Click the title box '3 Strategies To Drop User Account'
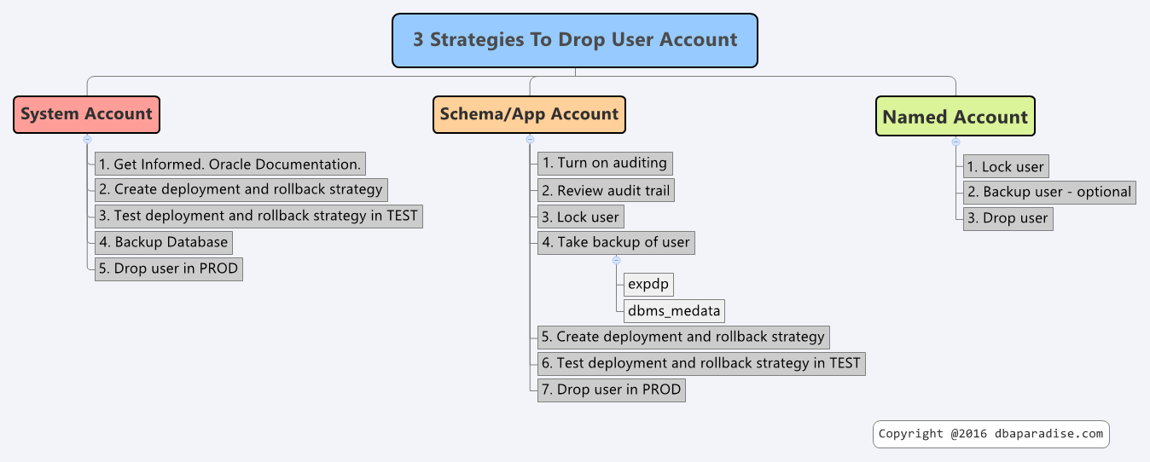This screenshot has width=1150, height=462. (574, 41)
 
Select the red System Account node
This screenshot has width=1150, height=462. (87, 114)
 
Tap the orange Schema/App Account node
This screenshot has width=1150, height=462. (529, 114)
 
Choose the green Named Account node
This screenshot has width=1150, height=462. (955, 116)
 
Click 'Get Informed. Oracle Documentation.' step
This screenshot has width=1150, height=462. (230, 164)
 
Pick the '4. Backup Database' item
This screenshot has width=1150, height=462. (164, 243)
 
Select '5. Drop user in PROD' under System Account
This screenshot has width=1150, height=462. (169, 269)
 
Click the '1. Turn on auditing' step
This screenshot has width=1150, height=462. (605, 163)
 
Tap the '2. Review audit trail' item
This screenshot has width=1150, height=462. (606, 190)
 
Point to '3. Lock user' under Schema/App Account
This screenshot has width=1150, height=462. (581, 217)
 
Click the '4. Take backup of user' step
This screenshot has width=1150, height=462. (616, 243)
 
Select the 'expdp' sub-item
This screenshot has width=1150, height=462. (648, 285)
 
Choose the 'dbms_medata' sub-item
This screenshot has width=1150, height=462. (674, 311)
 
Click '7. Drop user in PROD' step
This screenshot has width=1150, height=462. (612, 390)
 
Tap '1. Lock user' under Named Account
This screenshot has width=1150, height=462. (1006, 166)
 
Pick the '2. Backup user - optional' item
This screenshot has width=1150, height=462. (1049, 193)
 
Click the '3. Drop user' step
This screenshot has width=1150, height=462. (1008, 219)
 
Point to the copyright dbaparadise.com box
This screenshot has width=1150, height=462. (990, 435)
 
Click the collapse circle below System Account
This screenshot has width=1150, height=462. (87, 140)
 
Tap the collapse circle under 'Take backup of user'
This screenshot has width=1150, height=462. (616, 261)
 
